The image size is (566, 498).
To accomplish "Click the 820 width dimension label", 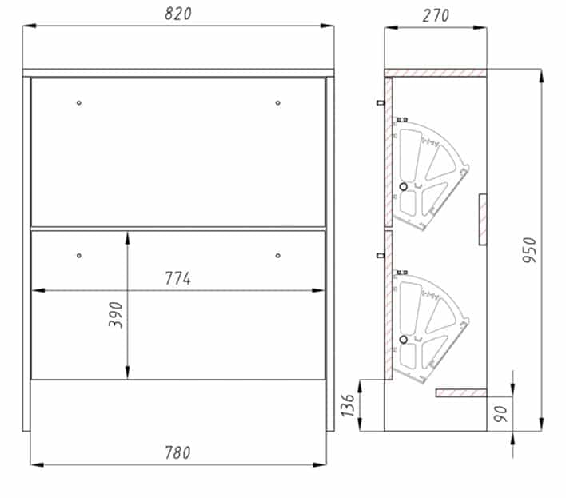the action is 178,14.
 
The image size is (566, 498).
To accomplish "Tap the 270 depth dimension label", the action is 436,15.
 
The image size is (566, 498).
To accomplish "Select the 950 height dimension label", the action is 530,250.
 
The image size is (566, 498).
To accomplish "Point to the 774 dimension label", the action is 178,278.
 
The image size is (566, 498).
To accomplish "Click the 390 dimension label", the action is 115,315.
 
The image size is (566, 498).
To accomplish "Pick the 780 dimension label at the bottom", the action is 177,453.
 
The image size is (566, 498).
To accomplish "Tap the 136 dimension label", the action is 348,405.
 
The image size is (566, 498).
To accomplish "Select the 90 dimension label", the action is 500,413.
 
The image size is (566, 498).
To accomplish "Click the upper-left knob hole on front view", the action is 79,103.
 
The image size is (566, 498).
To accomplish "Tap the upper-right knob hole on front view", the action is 277,103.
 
